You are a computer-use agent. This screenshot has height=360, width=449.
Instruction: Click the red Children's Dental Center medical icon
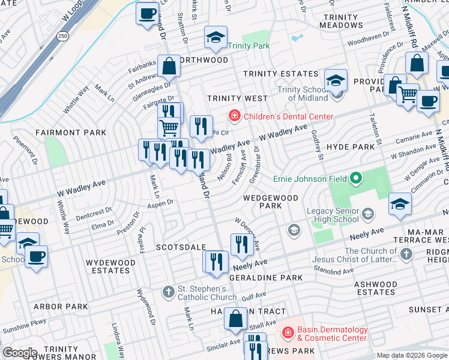(234, 115)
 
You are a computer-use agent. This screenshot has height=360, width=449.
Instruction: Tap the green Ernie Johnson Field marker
(356, 178)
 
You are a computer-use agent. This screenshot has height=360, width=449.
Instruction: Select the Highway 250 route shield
(62, 37)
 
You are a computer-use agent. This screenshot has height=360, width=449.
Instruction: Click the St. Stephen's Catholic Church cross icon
(169, 292)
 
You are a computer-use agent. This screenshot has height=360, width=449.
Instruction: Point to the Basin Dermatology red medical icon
(288, 332)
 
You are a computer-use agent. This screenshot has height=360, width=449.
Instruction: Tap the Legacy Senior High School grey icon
(366, 211)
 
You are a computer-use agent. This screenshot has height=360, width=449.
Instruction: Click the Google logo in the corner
(19, 353)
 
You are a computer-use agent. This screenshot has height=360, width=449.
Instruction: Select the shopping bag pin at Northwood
(169, 66)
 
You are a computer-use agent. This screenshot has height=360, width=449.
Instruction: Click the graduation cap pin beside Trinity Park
(216, 38)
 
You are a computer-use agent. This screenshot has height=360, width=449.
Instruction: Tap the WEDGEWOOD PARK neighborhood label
(270, 202)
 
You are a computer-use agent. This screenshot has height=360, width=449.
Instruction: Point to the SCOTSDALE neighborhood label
(181, 247)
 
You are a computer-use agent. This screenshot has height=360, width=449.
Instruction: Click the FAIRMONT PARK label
(70, 133)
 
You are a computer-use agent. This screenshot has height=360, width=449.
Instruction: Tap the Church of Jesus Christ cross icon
(406, 254)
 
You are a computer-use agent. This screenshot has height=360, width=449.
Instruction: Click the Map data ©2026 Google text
(412, 355)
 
